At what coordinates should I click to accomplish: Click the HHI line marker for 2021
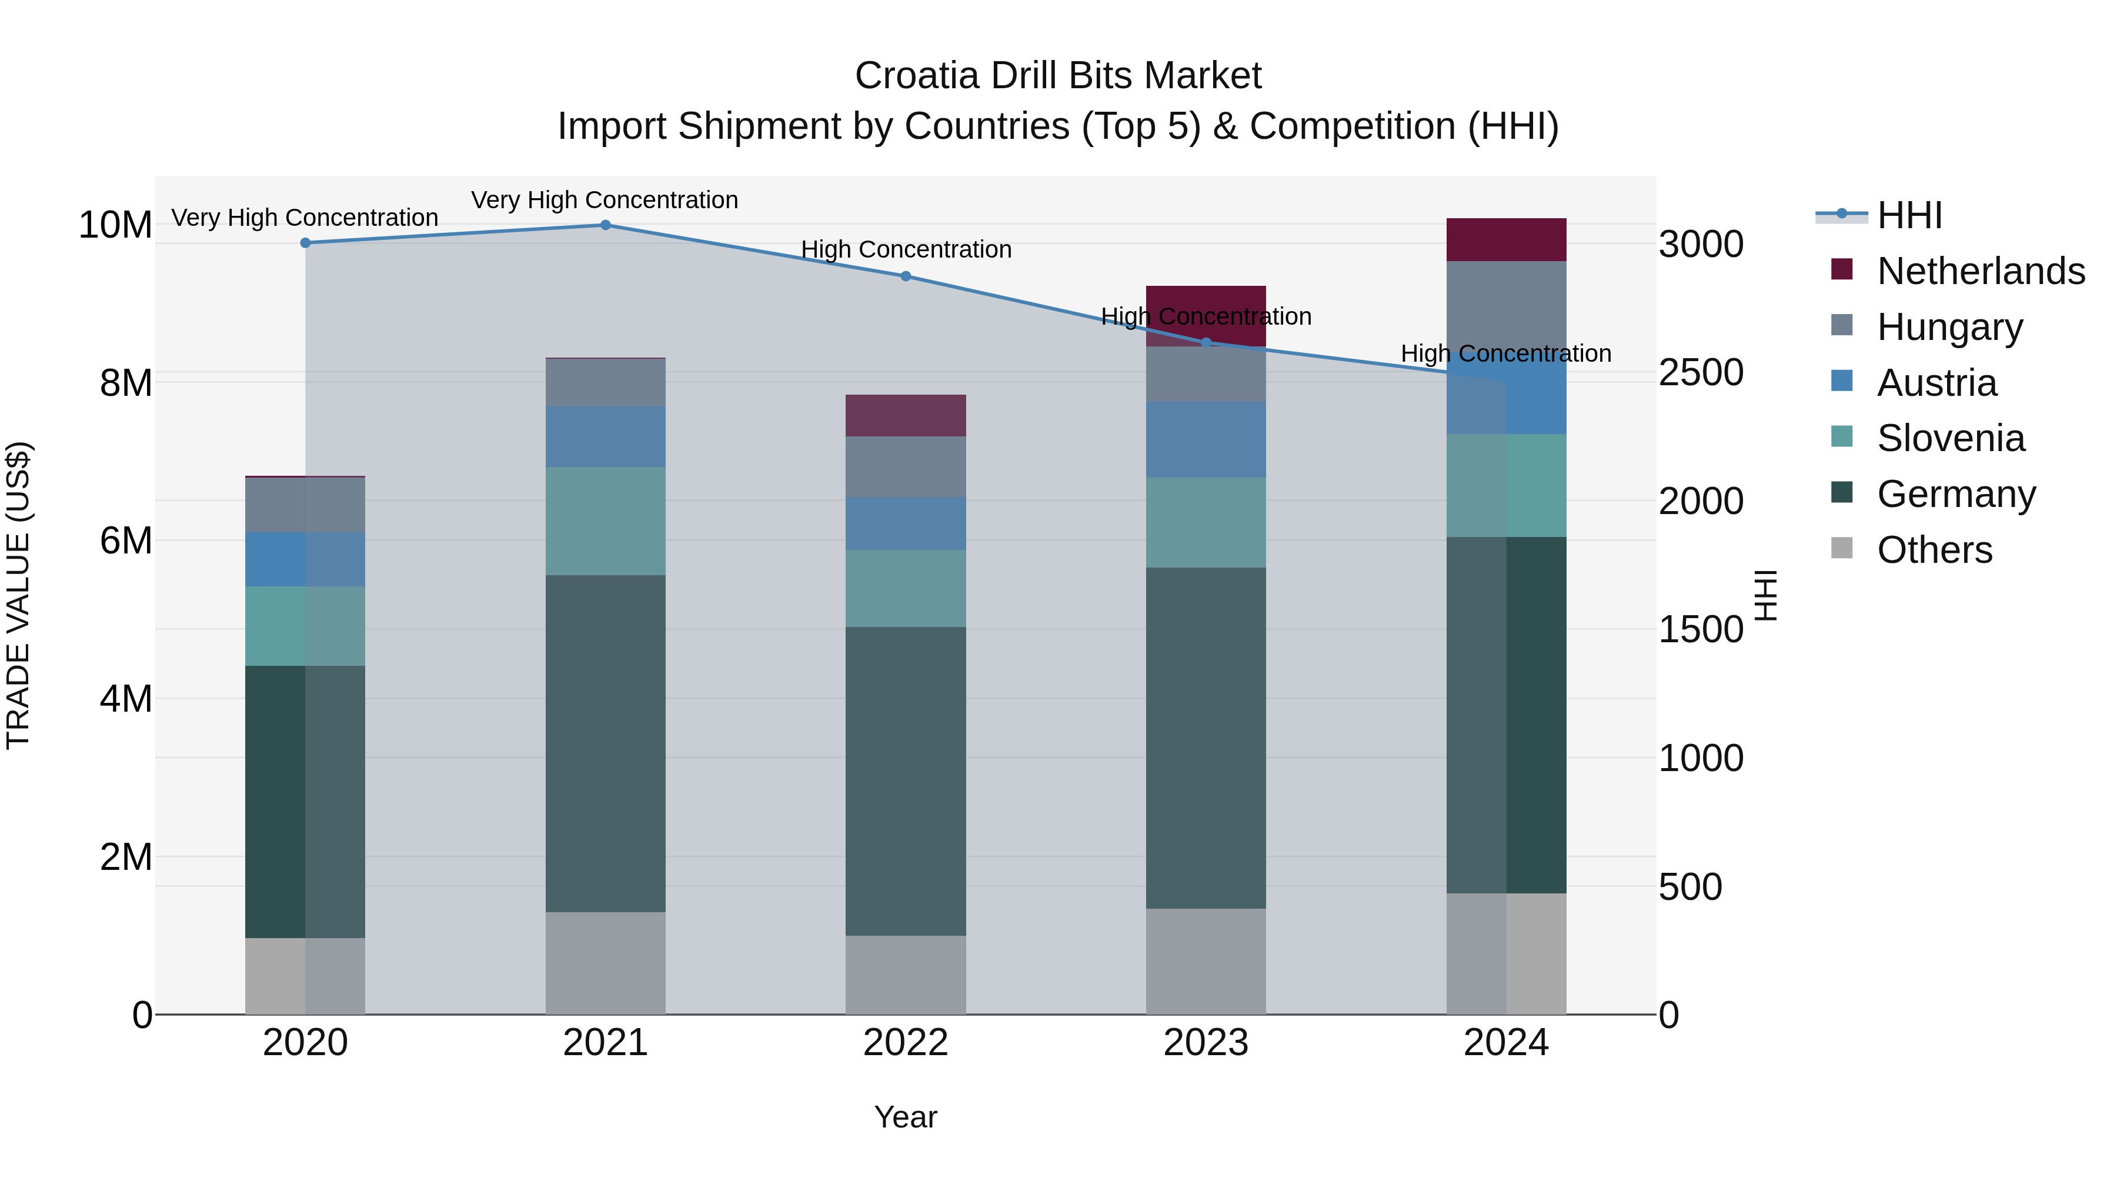(605, 225)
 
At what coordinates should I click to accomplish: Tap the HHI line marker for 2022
(906, 276)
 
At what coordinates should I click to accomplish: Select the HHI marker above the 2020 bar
(305, 242)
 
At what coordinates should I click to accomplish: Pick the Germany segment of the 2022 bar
(906, 781)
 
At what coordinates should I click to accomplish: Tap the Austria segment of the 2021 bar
(605, 436)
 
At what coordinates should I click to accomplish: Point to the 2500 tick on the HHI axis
(1700, 372)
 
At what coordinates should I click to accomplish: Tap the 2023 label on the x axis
(1206, 1043)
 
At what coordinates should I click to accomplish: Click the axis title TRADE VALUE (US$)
(18, 595)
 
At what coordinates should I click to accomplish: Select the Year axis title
(905, 1117)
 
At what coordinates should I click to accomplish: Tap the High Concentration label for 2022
(906, 249)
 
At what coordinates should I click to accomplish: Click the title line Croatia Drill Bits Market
(1058, 76)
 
